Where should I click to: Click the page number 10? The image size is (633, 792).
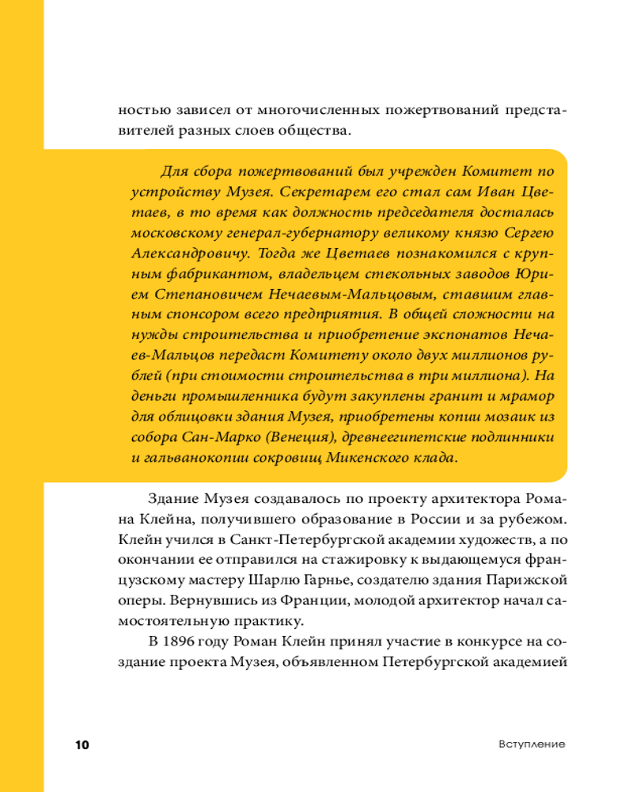tap(82, 745)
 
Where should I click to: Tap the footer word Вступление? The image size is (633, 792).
tap(532, 745)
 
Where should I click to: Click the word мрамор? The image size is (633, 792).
tap(531, 396)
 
